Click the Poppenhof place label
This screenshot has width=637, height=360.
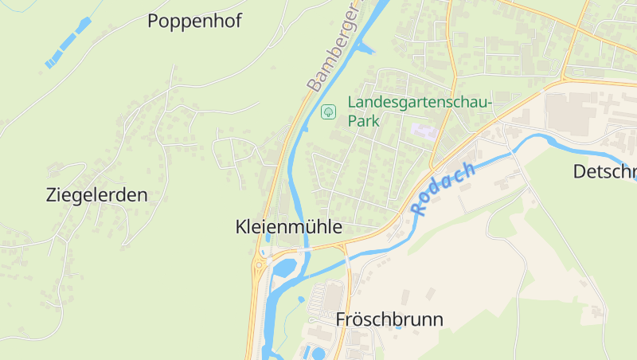pos(194,22)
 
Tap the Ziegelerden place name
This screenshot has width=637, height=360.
pos(97,195)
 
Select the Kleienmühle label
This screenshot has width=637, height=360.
pos(289,227)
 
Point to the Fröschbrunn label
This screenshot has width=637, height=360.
pos(389,319)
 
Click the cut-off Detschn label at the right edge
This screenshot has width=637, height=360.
pos(604,171)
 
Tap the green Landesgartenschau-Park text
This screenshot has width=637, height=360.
pos(420,112)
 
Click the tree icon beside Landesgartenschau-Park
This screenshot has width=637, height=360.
pos(327,112)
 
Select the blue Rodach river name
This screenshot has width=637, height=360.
pos(444,189)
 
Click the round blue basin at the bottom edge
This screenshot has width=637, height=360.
pos(318,353)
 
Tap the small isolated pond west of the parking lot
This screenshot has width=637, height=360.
pos(301,300)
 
